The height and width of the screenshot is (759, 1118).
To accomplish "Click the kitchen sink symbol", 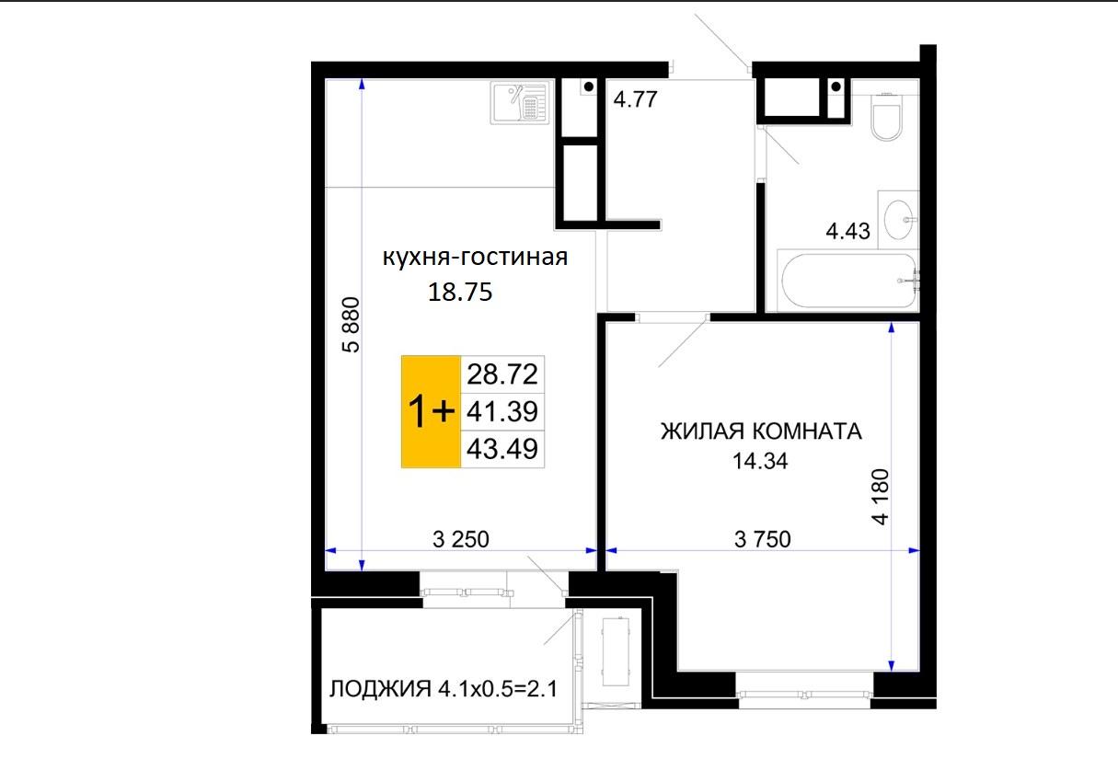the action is pos(520,102).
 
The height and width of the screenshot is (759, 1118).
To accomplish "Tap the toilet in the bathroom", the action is pos(886,117).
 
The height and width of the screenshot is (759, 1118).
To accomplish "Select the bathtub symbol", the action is pos(848,280).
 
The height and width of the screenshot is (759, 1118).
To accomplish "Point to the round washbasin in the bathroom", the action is pos(899,220).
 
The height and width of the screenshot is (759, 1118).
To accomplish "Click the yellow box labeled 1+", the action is pos(431,411).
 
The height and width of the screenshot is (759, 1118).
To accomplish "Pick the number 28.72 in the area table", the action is pos(502,374).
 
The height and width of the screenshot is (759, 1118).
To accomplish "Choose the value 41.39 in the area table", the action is pos(502,411).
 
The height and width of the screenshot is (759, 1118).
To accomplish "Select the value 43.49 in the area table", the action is pos(502,449).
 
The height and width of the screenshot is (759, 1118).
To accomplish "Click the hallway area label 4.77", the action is pos(635,99).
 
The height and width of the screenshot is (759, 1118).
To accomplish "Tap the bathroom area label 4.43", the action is pos(848,231).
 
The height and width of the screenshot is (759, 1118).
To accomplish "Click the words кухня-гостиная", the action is pos(475,258).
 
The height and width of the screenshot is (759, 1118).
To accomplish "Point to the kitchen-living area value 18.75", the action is pos(460,292).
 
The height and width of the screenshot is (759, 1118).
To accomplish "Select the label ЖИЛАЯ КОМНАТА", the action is pos(761,431).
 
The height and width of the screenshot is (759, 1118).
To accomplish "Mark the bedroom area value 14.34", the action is pos(760,461).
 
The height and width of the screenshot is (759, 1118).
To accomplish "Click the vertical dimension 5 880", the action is pos(351,325).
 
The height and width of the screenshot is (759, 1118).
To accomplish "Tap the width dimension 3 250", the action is pos(461,539).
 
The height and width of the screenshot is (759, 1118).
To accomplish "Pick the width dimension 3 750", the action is pos(763,539).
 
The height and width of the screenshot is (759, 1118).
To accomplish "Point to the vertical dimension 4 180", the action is pos(881,497).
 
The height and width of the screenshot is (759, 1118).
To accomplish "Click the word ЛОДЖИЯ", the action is pos(380,689).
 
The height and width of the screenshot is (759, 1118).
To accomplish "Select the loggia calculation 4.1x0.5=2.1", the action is pos(498,689).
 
